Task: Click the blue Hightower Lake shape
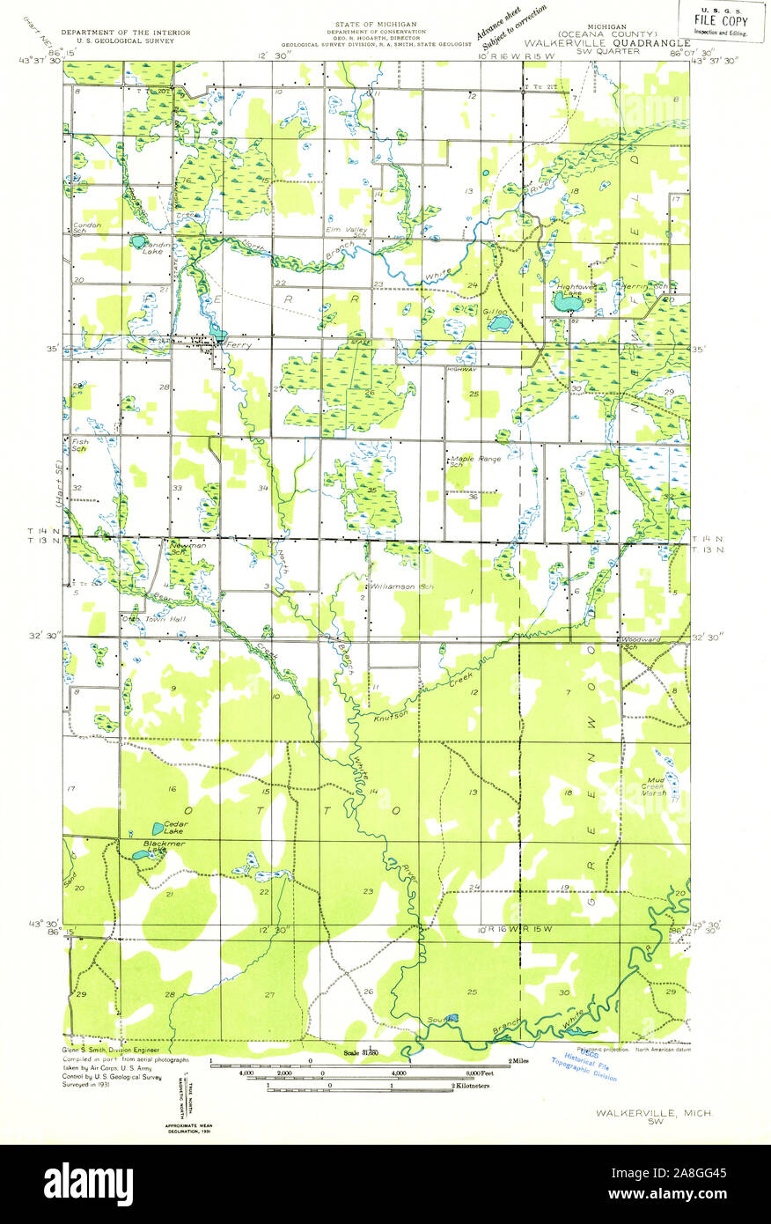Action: pos(564,303)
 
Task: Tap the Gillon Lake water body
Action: pos(499,324)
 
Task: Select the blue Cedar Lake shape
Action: pos(158,829)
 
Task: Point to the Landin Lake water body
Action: pos(138,240)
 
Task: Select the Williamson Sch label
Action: pos(395,585)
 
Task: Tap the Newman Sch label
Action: pos(187,549)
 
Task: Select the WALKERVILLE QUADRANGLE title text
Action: pos(608,41)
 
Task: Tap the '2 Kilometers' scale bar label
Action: pos(471,1087)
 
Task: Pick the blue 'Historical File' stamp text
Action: pos(589,1066)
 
